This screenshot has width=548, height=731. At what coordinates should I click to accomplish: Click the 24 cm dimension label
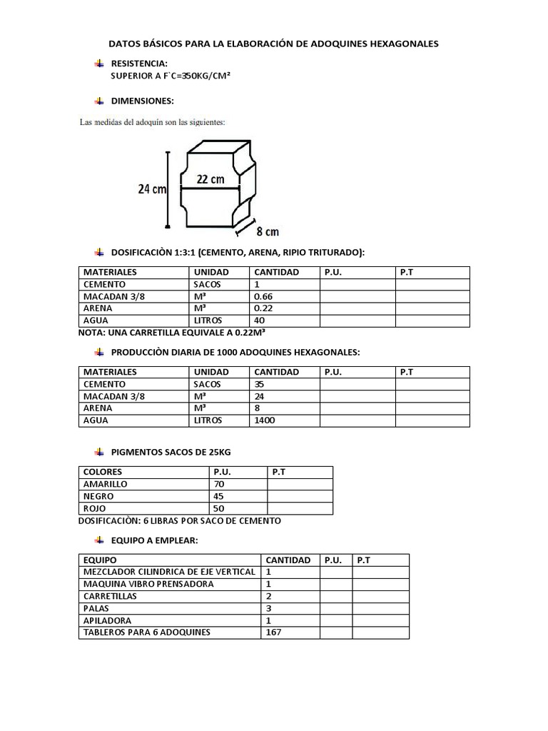[152, 189]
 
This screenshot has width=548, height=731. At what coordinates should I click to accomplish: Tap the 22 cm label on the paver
[210, 180]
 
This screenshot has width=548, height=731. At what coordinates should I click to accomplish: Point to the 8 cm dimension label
[267, 231]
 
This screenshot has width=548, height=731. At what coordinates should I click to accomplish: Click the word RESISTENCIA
[139, 64]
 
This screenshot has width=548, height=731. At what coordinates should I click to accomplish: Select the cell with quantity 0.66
[264, 296]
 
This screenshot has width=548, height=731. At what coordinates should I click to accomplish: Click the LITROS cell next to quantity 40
[208, 321]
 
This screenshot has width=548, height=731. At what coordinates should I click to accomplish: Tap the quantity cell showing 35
[260, 384]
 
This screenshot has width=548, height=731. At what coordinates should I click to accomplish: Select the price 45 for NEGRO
[219, 496]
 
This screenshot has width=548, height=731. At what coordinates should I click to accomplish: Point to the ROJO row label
[95, 508]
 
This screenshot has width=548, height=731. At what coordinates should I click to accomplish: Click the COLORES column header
[103, 472]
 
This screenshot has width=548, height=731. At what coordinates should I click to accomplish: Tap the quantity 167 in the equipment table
[273, 632]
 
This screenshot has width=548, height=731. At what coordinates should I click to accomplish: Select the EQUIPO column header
[100, 560]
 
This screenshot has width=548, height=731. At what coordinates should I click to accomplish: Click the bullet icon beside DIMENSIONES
[99, 101]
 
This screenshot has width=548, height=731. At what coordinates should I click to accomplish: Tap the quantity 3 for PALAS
[268, 608]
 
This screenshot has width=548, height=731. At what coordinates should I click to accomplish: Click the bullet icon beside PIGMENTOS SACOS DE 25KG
[99, 453]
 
